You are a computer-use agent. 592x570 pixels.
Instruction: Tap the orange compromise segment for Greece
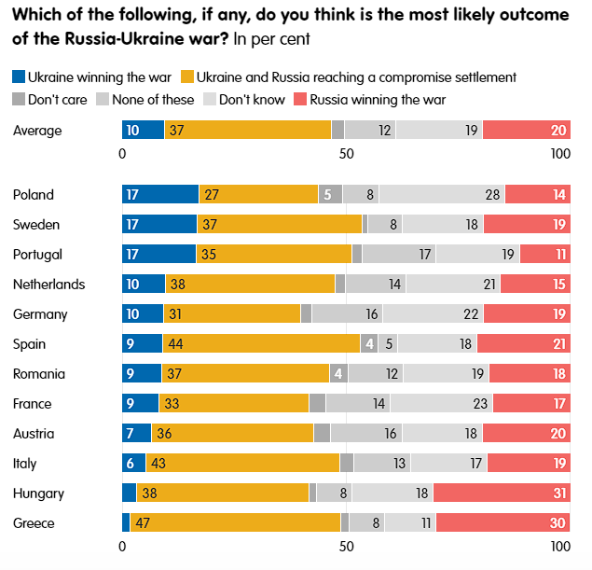pos(235,522)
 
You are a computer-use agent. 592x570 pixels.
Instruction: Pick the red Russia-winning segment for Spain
pos(518,343)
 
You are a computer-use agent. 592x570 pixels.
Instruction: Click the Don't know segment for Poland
pos(442,194)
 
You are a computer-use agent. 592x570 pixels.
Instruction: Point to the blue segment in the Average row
pos(143,130)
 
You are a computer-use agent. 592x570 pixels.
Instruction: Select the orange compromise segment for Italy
pos(242,463)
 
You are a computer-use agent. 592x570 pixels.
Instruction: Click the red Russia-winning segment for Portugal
pos(541,254)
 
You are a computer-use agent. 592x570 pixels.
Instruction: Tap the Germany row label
pos(38,314)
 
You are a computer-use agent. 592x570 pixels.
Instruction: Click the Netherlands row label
pos(48,285)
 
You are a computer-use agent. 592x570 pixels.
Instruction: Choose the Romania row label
pos(39,374)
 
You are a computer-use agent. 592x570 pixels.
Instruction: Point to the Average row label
pos(37,131)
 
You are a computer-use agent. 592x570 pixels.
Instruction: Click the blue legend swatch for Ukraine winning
pos(19,76)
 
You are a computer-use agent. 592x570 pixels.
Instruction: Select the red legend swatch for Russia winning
pos(300,99)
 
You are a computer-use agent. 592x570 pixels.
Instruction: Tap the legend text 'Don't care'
pos(57,99)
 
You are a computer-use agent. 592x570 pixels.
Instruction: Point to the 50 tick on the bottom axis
pos(345,548)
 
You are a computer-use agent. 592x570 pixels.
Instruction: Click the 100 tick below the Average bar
pos(559,154)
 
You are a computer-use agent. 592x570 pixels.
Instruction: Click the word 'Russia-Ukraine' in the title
pos(143,40)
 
